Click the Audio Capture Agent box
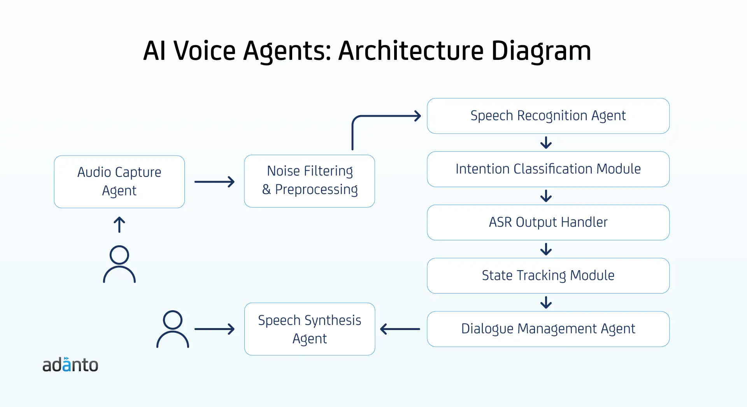coord(119,182)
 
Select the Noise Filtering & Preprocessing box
coord(309,181)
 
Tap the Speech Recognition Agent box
coord(548,116)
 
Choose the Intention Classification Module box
coord(548,169)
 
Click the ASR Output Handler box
coord(548,222)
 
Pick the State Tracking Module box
coord(548,276)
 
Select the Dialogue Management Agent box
coord(548,329)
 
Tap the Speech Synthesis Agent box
coord(310,329)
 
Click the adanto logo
coord(70,365)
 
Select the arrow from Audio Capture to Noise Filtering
coord(214,182)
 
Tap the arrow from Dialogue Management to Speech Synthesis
coord(400,329)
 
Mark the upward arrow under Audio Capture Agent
coord(119,225)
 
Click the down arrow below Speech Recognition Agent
coord(546,143)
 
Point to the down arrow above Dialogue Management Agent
coord(546,302)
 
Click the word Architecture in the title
coord(411,51)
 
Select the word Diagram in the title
coord(541,51)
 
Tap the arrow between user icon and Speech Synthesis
coord(214,329)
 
